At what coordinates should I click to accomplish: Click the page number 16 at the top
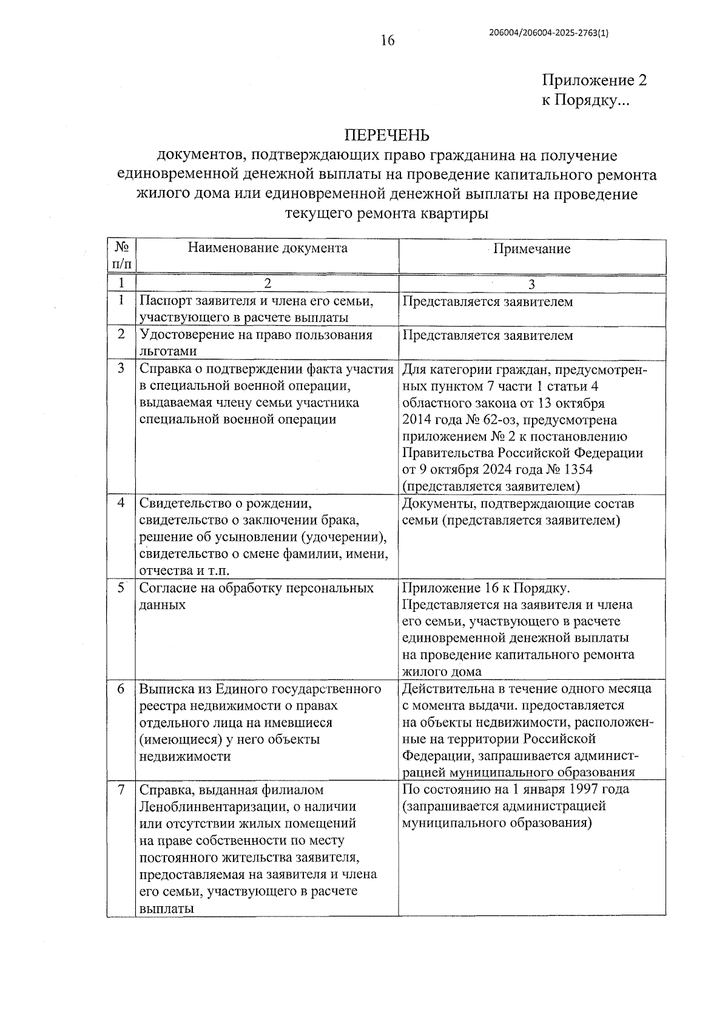(387, 41)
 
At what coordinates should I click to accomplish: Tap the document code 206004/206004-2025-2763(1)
(548, 34)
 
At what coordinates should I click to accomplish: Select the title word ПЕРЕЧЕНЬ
(387, 135)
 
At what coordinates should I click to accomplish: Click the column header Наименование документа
(268, 248)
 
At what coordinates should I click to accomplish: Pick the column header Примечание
(532, 249)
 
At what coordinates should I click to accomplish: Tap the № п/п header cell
(121, 256)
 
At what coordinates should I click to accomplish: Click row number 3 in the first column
(121, 368)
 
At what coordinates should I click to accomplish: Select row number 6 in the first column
(121, 688)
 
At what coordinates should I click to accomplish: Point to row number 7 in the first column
(121, 790)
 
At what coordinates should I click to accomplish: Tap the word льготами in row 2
(168, 351)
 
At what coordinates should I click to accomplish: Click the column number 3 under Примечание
(532, 284)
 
